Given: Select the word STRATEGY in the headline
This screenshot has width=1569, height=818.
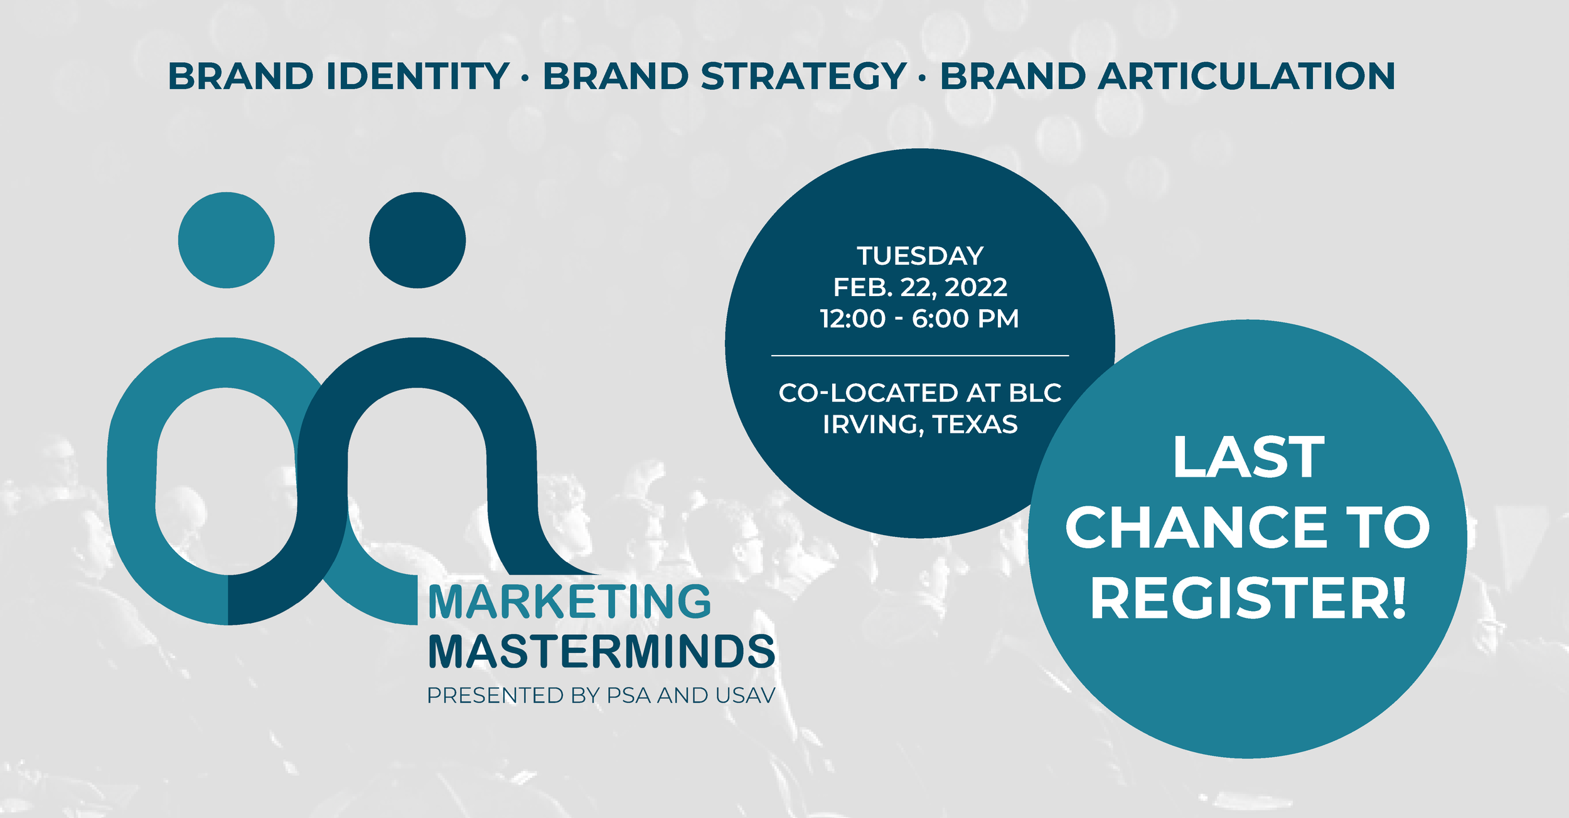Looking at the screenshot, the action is click(x=803, y=76).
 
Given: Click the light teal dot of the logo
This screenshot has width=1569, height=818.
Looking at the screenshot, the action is click(x=227, y=240).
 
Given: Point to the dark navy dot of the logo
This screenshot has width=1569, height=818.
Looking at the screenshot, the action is click(x=417, y=240).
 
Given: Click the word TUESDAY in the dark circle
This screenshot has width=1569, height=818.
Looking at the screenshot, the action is click(x=920, y=256).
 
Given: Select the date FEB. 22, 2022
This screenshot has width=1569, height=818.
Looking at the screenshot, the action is click(x=920, y=287).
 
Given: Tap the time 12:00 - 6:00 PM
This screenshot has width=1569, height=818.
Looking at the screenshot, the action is click(x=919, y=319).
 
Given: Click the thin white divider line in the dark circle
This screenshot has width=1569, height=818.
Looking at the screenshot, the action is click(x=920, y=356).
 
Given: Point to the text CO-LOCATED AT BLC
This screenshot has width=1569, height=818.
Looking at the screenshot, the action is click(x=920, y=393).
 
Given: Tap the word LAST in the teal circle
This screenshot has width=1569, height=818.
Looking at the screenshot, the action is click(x=1248, y=457).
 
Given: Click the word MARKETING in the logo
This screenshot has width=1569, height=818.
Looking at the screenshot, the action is click(x=569, y=602).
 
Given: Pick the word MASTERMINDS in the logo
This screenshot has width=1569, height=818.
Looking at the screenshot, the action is click(x=602, y=651).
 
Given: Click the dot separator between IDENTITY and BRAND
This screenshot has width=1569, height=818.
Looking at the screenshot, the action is click(x=525, y=78).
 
